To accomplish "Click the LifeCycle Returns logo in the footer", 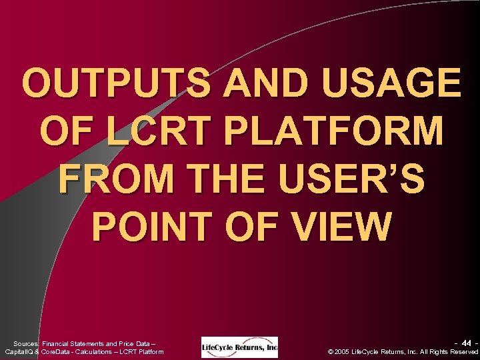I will tap(240, 347).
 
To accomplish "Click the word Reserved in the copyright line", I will tap(463, 351).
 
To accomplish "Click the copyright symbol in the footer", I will tap(332, 351).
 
